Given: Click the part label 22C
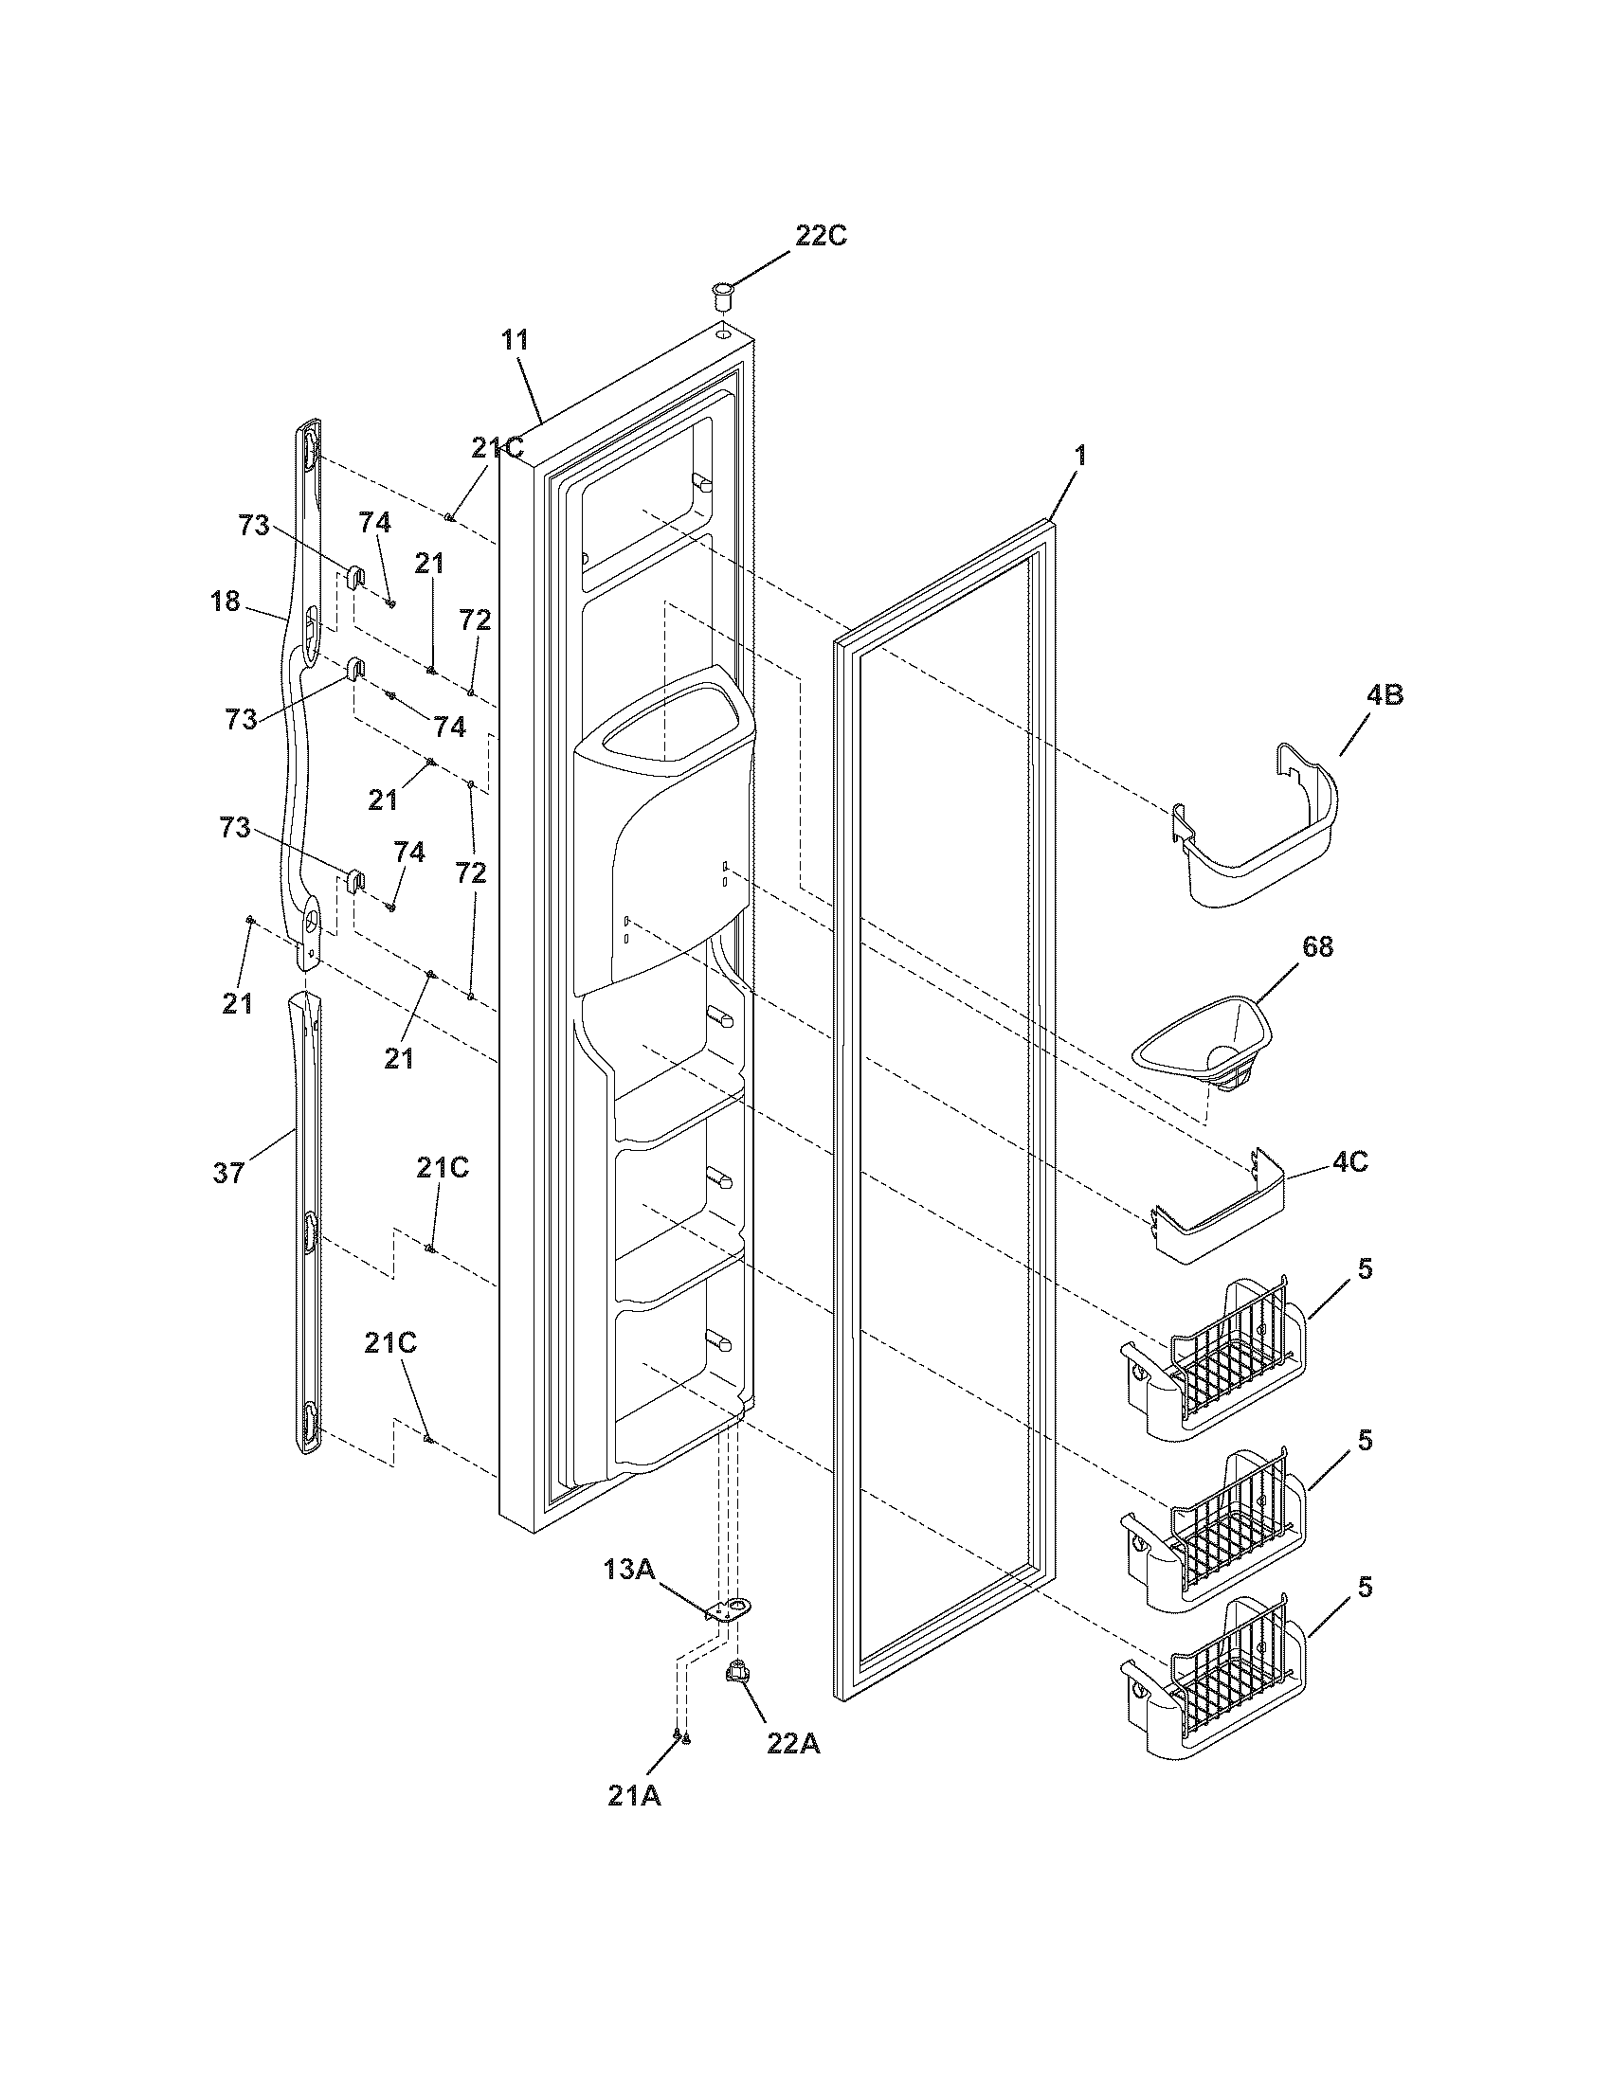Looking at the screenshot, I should (821, 236).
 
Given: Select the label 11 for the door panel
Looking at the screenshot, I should (515, 341).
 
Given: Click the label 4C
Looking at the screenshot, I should (1350, 1163).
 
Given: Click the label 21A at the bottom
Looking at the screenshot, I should (634, 1796).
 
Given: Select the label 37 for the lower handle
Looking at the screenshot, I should (228, 1173).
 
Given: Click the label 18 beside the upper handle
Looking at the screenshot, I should (226, 602).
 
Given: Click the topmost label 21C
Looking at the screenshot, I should (498, 447).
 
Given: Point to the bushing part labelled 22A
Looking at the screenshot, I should (736, 1672).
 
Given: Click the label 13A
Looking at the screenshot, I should (628, 1570).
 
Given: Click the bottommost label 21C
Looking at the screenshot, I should (389, 1342).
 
